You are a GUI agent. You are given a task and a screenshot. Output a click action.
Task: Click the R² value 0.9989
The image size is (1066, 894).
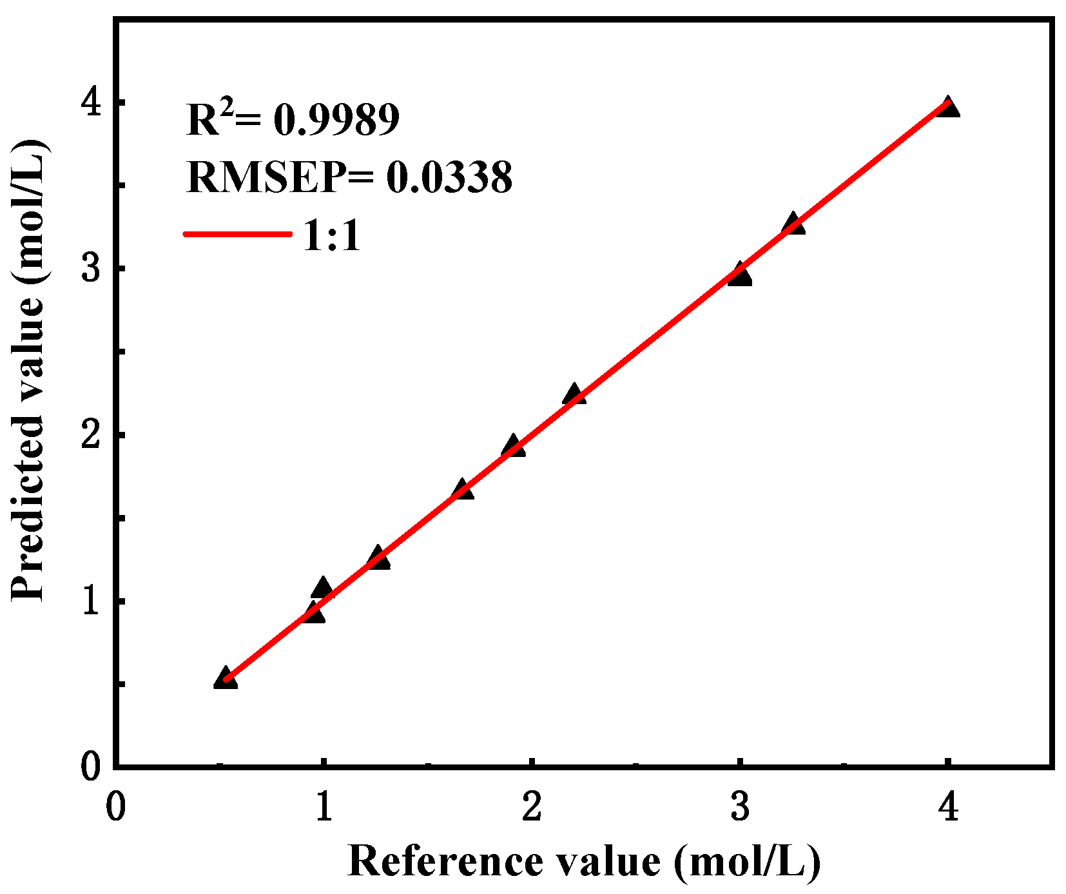click(336, 120)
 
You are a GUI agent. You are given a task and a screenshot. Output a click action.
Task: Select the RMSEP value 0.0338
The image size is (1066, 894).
click(449, 177)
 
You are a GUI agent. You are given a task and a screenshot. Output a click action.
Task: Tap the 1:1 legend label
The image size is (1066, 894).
click(331, 235)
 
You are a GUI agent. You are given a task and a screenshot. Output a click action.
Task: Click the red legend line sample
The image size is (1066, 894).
click(237, 234)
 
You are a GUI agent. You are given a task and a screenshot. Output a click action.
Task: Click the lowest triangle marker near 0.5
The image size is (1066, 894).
click(226, 679)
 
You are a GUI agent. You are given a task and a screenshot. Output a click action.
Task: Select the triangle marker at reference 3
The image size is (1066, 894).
click(739, 275)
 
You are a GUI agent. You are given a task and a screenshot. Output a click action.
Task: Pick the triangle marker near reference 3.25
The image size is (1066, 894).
click(793, 224)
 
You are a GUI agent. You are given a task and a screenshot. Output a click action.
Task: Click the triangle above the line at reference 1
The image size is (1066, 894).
click(322, 588)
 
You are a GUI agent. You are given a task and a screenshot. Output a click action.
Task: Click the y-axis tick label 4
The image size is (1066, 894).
click(92, 102)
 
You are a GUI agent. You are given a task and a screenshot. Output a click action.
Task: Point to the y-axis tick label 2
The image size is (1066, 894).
click(92, 434)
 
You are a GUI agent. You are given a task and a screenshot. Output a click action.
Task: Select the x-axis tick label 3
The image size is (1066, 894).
click(740, 806)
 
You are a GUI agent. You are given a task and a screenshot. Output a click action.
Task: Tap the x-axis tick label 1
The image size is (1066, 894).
click(324, 806)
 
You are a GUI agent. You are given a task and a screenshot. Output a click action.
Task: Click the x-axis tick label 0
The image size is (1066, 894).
click(115, 806)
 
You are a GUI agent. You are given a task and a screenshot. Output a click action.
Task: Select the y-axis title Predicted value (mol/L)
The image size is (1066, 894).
click(29, 371)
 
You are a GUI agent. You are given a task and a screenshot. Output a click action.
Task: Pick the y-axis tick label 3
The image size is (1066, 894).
click(92, 268)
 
